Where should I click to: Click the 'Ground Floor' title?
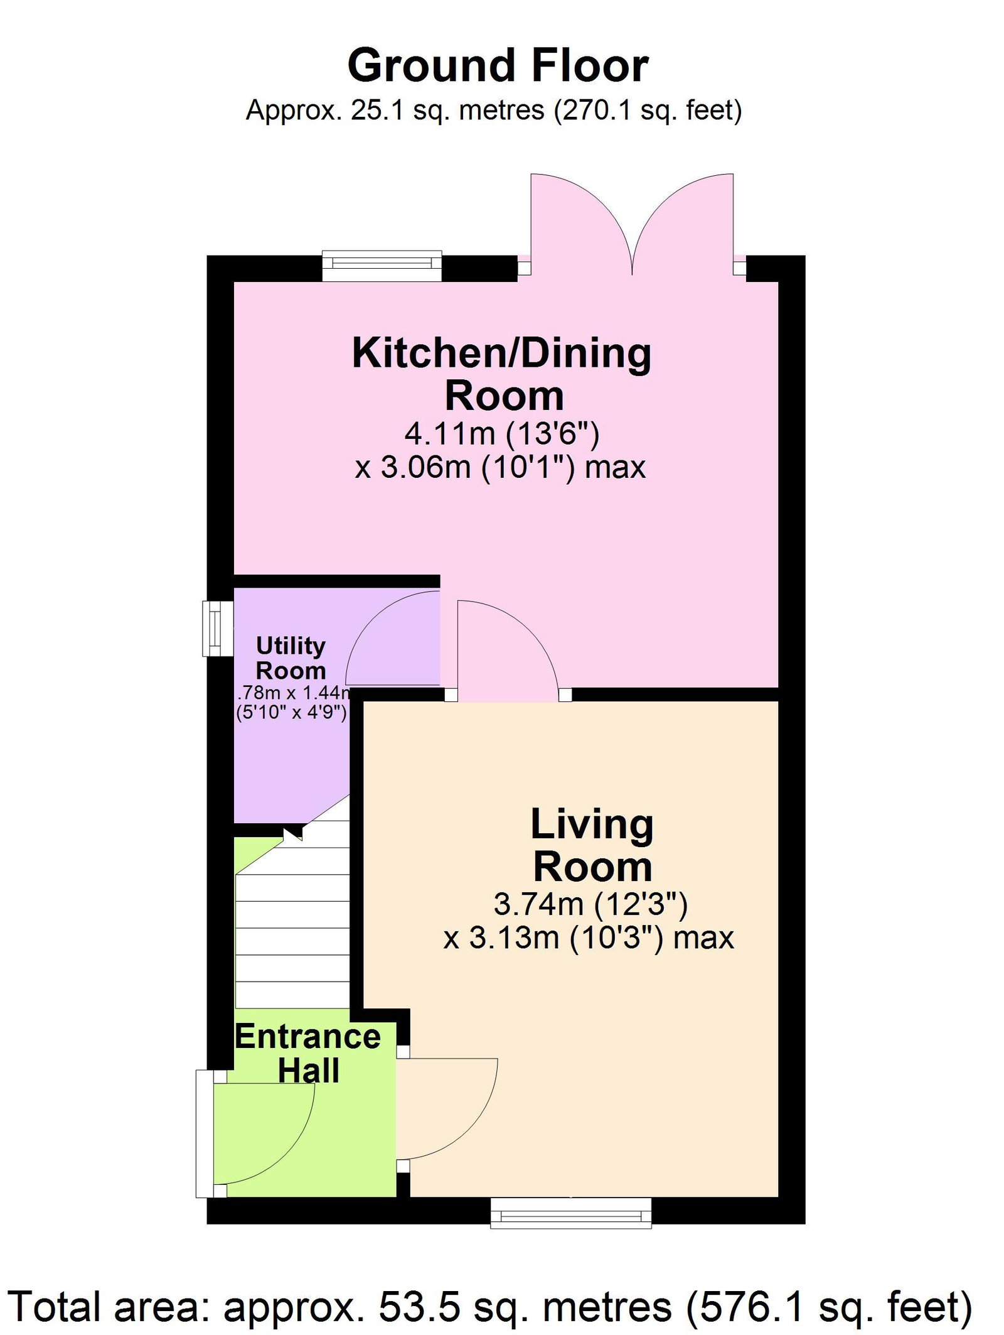pos(498,65)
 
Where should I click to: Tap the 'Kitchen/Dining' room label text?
pos(501,354)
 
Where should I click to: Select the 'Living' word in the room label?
pos(592,824)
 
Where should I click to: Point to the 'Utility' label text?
pos(291,646)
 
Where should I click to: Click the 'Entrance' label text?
pos(308,1037)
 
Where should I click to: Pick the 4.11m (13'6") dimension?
pos(502,433)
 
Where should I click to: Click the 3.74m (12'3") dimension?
pos(590,904)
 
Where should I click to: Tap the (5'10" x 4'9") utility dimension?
pos(291,713)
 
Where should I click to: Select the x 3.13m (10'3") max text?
pos(589,938)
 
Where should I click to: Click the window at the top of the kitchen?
pos(382,266)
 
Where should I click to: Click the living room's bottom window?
pos(571,1213)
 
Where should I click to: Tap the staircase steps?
pos(292,923)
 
